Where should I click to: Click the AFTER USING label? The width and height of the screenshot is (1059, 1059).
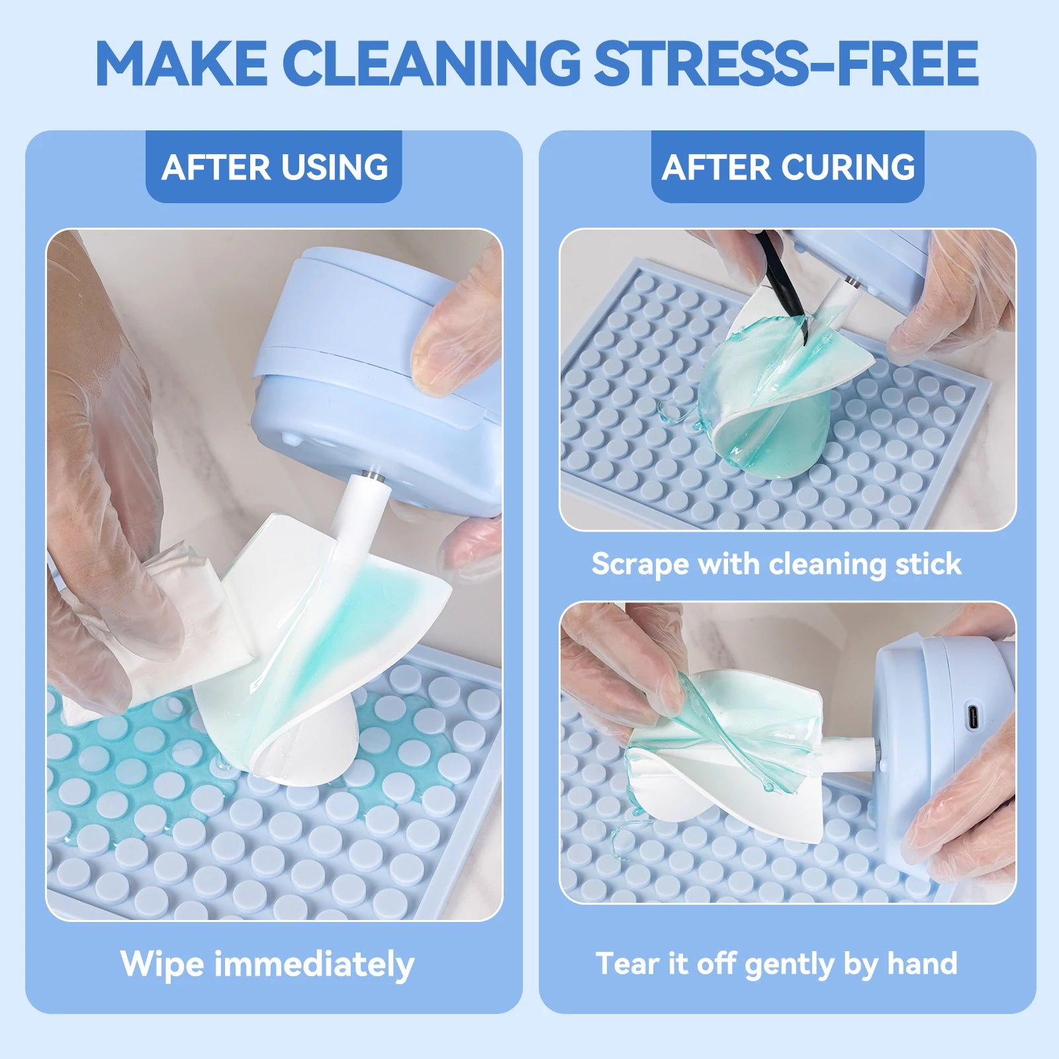tap(274, 167)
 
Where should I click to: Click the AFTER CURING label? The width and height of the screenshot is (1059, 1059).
tap(788, 167)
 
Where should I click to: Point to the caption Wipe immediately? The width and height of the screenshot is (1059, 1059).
tap(267, 964)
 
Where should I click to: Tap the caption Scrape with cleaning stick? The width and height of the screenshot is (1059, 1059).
tap(776, 564)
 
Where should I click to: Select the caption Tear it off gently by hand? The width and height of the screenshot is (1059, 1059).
tap(776, 964)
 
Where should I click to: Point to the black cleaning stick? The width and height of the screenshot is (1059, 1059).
tap(784, 285)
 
